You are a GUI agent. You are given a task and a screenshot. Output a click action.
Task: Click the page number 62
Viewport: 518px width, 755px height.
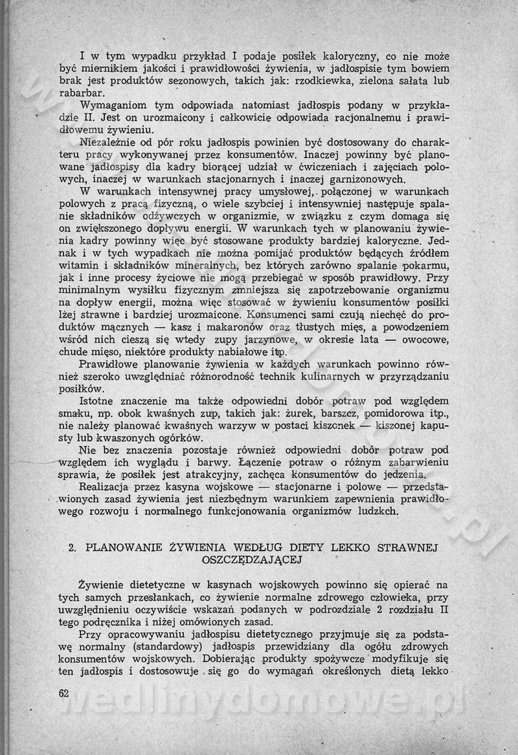[x=63, y=692]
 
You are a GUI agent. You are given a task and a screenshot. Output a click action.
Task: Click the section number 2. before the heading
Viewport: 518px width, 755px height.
[x=73, y=547]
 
